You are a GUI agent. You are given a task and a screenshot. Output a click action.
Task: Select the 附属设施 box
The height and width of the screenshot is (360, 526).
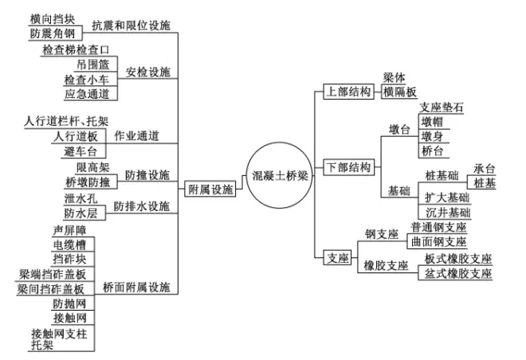[x=210, y=190]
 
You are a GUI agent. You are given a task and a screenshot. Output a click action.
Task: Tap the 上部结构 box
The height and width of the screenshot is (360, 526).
[x=348, y=92]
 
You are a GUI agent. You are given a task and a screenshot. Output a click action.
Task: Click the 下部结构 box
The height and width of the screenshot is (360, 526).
[x=348, y=167]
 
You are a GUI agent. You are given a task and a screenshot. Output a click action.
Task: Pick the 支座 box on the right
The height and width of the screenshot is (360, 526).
[x=337, y=257]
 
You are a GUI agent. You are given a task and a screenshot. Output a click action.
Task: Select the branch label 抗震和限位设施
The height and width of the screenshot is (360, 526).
[x=131, y=25]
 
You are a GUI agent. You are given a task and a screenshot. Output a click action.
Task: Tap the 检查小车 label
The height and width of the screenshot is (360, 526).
[x=91, y=80]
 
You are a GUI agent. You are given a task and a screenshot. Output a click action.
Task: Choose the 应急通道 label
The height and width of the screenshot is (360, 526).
[x=91, y=94]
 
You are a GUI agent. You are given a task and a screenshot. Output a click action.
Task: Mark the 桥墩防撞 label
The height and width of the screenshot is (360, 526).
[x=90, y=182]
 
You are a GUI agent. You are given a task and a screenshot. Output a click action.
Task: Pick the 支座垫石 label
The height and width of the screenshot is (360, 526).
[x=441, y=108]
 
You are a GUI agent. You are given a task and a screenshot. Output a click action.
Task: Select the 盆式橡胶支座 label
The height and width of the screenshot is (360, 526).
[x=458, y=273]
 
